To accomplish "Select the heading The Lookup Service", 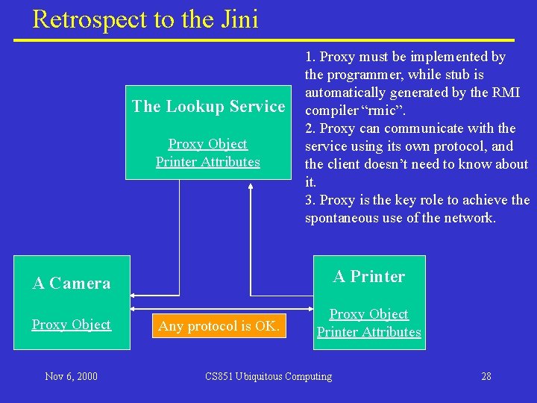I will click(208, 107).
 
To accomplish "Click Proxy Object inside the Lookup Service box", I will click(207, 144).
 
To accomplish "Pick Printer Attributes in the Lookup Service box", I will click(207, 162).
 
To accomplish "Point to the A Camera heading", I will click(72, 283).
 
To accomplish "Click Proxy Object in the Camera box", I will click(71, 325).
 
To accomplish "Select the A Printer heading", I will click(368, 277).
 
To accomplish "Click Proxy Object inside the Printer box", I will click(368, 314).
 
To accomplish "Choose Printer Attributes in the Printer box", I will click(368, 332).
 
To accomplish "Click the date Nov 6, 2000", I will click(71, 376).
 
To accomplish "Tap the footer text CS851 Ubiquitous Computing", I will click(268, 376).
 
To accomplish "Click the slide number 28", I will click(486, 376).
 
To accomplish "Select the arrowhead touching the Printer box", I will click(309, 307).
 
